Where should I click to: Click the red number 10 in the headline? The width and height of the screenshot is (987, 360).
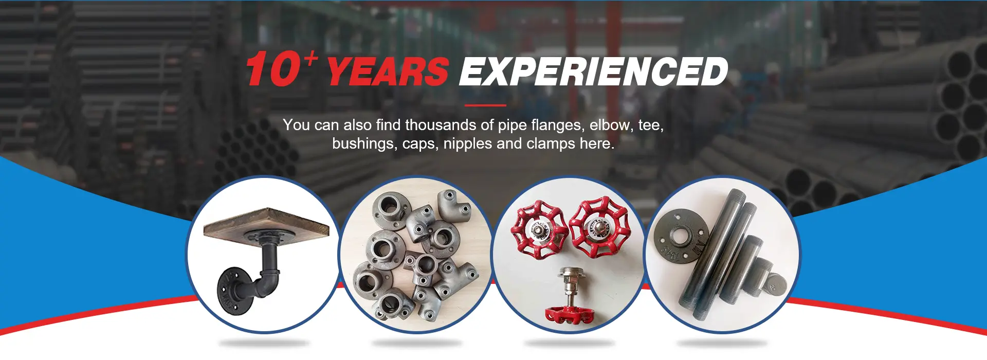click(x=273, y=69)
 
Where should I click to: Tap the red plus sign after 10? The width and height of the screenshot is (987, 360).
click(x=310, y=58)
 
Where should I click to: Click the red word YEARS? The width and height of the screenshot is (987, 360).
click(x=388, y=71)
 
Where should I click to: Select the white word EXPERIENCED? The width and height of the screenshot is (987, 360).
click(x=593, y=71)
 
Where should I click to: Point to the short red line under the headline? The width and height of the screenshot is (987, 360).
click(x=485, y=105)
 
